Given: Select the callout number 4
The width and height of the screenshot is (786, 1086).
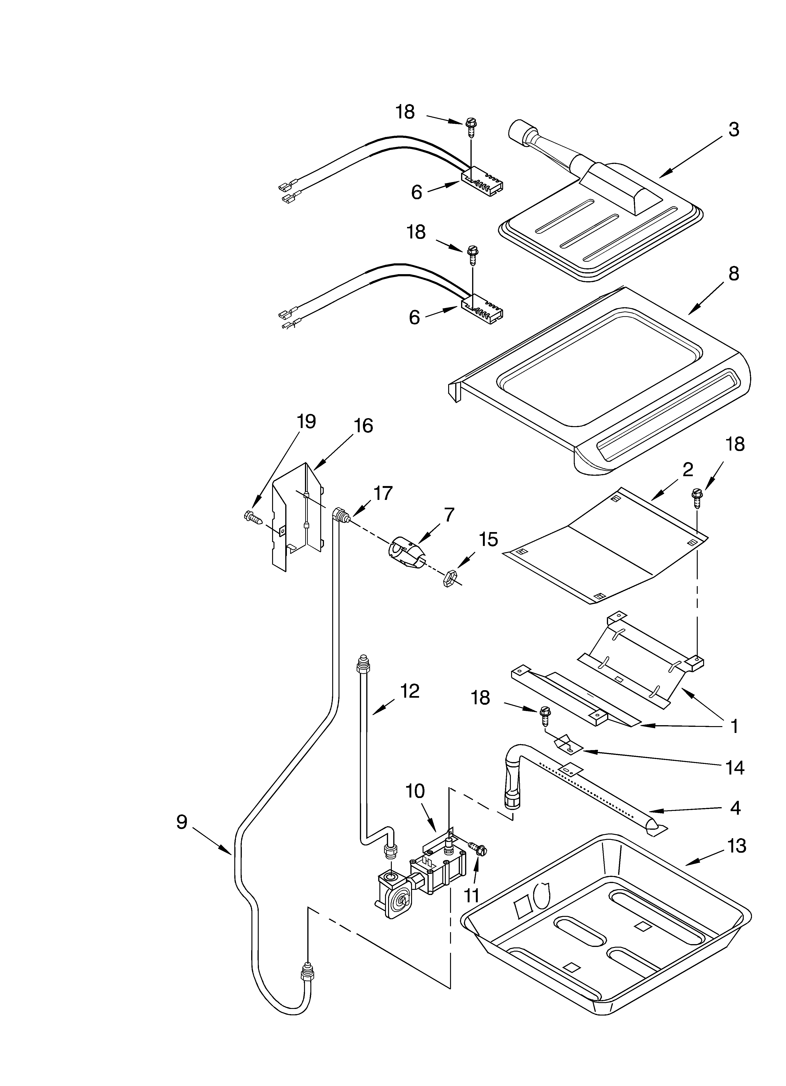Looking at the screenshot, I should click(x=735, y=808).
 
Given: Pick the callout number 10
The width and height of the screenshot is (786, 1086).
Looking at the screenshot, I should click(x=415, y=791).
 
